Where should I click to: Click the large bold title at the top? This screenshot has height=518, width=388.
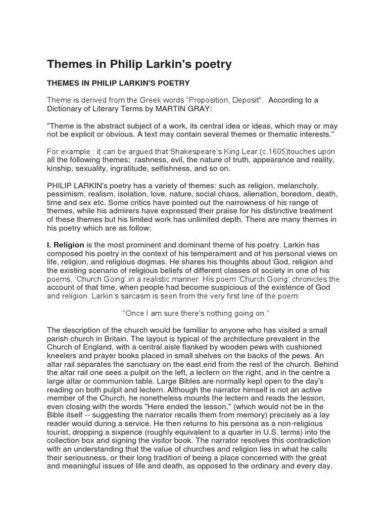click(139, 64)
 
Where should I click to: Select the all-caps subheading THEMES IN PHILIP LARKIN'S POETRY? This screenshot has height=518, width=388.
click(118, 83)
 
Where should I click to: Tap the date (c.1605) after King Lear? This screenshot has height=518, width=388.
click(275, 152)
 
